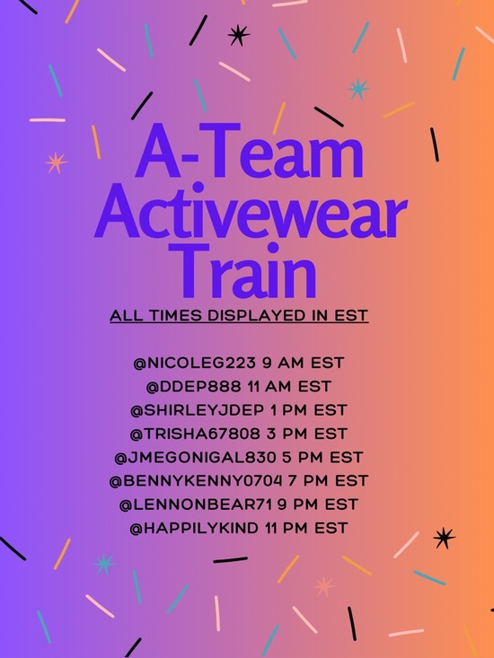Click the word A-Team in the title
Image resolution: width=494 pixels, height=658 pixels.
(249, 154)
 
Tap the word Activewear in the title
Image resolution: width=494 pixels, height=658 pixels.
(249, 212)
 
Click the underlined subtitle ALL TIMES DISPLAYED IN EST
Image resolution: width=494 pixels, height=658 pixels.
(239, 316)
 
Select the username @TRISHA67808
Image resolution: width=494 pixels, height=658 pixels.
(193, 433)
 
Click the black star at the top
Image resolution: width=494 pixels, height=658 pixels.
(238, 35)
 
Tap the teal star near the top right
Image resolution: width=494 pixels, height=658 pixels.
(359, 88)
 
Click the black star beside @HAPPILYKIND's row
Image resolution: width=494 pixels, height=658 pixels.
(444, 538)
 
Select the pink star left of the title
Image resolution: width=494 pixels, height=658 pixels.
(56, 162)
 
